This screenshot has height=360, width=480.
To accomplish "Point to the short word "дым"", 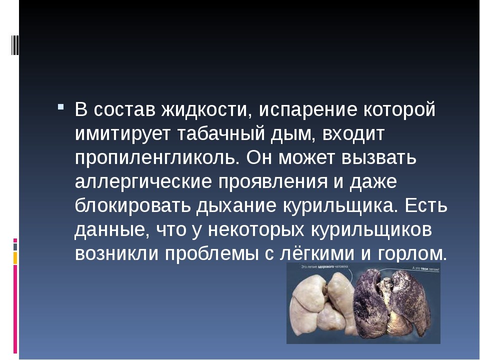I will point(301,134).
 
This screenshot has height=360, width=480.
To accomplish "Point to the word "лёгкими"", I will point(314,253).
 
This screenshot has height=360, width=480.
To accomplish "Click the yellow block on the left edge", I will point(15,257).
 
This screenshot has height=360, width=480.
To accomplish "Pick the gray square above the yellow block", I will point(15,246).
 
